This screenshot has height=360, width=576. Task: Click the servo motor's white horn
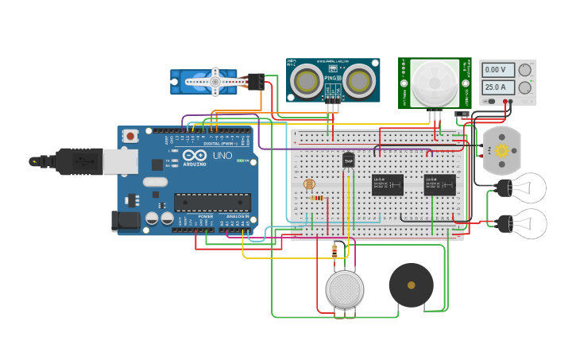pyautogui.click(x=214, y=81)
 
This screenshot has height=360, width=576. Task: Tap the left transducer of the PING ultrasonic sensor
pyautogui.click(x=306, y=80)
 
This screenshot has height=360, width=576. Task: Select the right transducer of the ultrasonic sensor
pyautogui.click(x=358, y=80)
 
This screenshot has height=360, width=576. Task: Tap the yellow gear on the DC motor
pyautogui.click(x=501, y=150)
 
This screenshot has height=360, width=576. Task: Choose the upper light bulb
pyautogui.click(x=526, y=188)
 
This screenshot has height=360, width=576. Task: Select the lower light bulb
pyautogui.click(x=526, y=224)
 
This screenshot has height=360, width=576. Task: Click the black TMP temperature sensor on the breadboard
pyautogui.click(x=348, y=161)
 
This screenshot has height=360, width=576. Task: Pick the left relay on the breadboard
pyautogui.click(x=388, y=184)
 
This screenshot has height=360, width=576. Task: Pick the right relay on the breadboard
pyautogui.click(x=439, y=184)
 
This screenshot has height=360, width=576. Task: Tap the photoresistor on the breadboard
pyautogui.click(x=309, y=184)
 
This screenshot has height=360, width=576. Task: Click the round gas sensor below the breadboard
pyautogui.click(x=345, y=289)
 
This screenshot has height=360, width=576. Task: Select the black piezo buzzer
pyautogui.click(x=411, y=285)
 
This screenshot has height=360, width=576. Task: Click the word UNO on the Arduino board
pyautogui.click(x=224, y=156)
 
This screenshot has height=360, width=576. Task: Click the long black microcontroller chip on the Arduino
pyautogui.click(x=212, y=203)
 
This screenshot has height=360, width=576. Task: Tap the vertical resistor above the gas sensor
pyautogui.click(x=334, y=251)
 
